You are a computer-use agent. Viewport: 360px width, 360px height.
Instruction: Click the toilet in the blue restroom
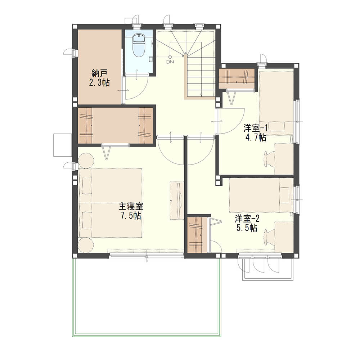(x=139, y=45)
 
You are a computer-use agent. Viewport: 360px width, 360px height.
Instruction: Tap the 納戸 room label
(x=99, y=73)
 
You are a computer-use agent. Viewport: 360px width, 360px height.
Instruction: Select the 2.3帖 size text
(x=99, y=82)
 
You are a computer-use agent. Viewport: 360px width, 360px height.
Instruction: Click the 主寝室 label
(x=131, y=206)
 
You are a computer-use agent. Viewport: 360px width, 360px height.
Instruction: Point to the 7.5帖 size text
(x=131, y=216)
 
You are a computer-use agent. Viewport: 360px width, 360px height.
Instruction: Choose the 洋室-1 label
(x=256, y=128)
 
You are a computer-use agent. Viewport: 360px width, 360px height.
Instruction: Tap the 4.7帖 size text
(x=256, y=137)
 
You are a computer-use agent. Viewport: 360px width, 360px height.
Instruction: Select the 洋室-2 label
(x=247, y=219)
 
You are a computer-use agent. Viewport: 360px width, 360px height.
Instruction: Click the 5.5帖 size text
(x=247, y=228)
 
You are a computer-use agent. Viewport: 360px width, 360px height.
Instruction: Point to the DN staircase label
(x=170, y=62)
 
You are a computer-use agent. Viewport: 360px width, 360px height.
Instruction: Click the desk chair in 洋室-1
(x=269, y=158)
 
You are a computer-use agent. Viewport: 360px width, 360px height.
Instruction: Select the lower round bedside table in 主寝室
(x=86, y=245)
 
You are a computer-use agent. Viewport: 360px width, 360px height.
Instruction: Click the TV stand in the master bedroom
(x=177, y=201)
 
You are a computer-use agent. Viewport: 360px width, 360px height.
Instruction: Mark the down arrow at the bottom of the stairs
(x=201, y=94)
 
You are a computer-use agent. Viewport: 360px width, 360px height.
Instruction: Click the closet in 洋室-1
(x=237, y=78)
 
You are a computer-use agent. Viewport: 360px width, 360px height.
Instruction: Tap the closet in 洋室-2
(x=197, y=235)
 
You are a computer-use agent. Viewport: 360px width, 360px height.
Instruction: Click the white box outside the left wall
(x=62, y=145)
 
